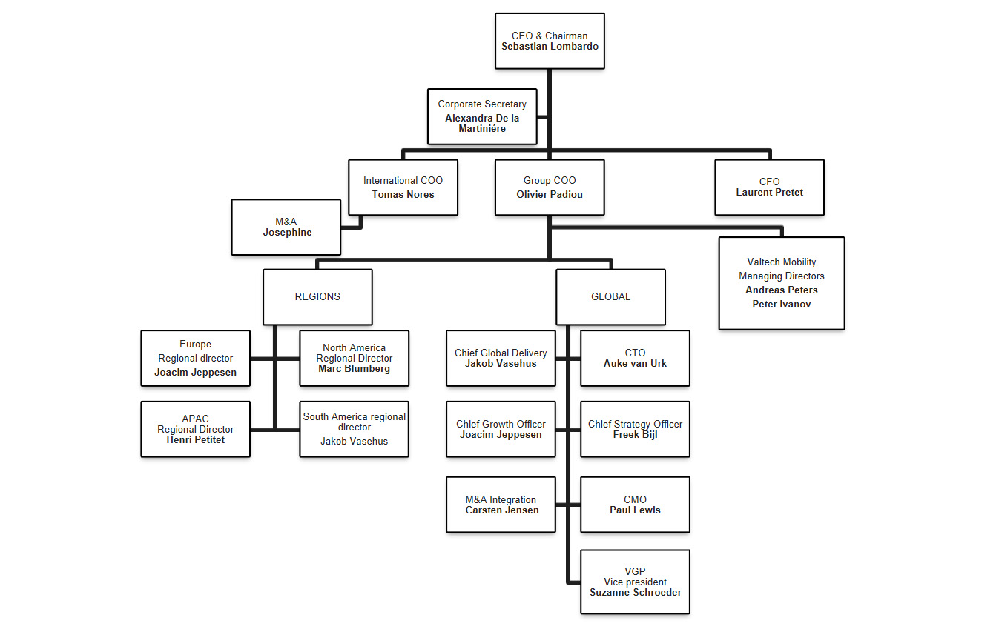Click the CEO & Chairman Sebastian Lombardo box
click(550, 41)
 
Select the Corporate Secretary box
click(482, 116)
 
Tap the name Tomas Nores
click(403, 194)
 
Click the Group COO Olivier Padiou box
click(550, 187)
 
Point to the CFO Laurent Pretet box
click(769, 187)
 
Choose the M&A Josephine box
click(286, 227)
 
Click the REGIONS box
click(317, 296)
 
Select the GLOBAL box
click(610, 296)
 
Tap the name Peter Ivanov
click(781, 304)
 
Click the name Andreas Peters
click(781, 290)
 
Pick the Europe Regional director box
click(195, 358)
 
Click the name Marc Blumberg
click(354, 368)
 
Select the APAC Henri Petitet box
click(195, 429)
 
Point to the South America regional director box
click(354, 429)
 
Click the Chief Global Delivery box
click(501, 358)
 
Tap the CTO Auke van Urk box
click(635, 358)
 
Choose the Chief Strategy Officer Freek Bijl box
click(635, 429)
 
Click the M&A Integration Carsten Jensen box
click(501, 505)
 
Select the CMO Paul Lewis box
click(635, 505)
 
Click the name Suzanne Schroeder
click(635, 592)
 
